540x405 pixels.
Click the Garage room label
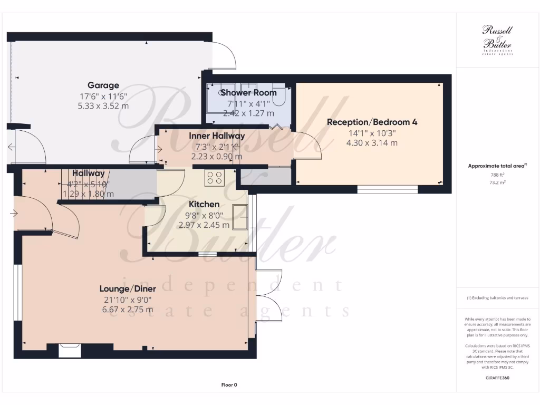[103, 85]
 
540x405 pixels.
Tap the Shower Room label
[248, 93]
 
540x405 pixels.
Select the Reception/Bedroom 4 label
[372, 122]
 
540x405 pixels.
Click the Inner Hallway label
[217, 136]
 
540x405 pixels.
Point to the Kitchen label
[204, 205]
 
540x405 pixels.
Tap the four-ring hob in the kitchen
[215, 177]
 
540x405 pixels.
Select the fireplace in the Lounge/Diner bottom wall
[70, 350]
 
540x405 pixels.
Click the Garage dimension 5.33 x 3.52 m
[103, 105]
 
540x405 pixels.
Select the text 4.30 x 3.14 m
[372, 142]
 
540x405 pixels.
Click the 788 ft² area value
[498, 176]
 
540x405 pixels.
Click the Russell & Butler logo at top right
[497, 40]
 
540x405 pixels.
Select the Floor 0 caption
[229, 385]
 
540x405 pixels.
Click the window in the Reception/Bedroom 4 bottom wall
[388, 189]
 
